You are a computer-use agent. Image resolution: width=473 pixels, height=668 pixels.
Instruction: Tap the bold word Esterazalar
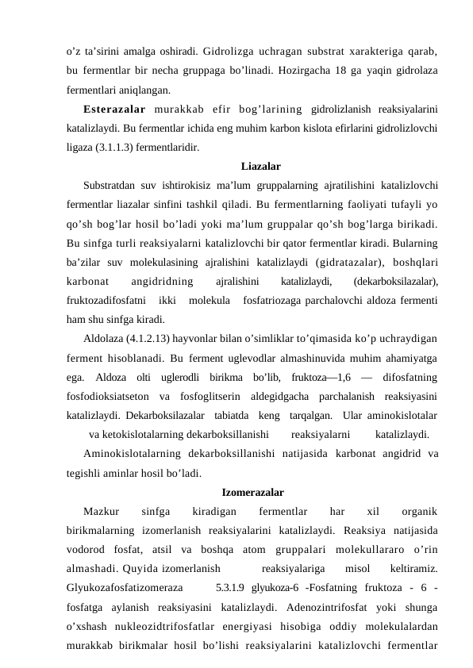pyautogui.click(x=114, y=108)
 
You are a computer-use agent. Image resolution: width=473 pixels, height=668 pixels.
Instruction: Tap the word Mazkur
pyautogui.click(x=101, y=512)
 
